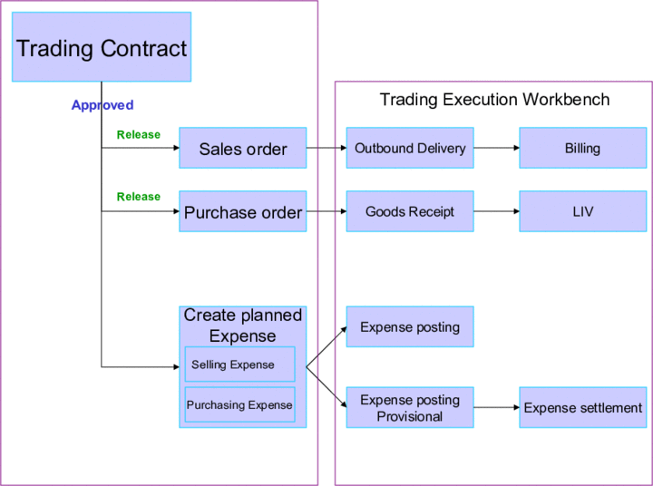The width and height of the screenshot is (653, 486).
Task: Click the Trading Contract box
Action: [102, 48]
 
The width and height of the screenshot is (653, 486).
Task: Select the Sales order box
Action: [242, 149]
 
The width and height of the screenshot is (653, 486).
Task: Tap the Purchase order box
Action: [242, 212]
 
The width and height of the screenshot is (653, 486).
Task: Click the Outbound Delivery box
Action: [410, 148]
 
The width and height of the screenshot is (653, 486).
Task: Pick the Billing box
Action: [582, 148]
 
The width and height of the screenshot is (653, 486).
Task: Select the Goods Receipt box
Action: [410, 211]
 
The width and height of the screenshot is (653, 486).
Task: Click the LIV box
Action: [582, 211]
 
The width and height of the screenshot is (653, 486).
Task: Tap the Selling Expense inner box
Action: [239, 364]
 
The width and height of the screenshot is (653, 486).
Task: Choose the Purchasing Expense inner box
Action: [239, 405]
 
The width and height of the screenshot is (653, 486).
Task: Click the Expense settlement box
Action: [582, 408]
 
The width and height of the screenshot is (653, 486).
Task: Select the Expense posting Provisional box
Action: [410, 408]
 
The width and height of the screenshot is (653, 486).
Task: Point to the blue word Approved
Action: [102, 105]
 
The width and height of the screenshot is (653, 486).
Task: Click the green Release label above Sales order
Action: [138, 135]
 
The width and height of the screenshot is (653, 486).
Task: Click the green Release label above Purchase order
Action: [138, 197]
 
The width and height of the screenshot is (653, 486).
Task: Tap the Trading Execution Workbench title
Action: [494, 99]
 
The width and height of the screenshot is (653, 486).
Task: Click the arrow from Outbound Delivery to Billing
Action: [496, 148]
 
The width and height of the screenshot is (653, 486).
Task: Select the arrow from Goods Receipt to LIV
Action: [496, 211]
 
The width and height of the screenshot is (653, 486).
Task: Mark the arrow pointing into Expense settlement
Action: [496, 408]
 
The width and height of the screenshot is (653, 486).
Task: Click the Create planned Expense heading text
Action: [242, 326]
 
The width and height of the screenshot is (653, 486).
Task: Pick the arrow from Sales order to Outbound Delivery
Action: [326, 148]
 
